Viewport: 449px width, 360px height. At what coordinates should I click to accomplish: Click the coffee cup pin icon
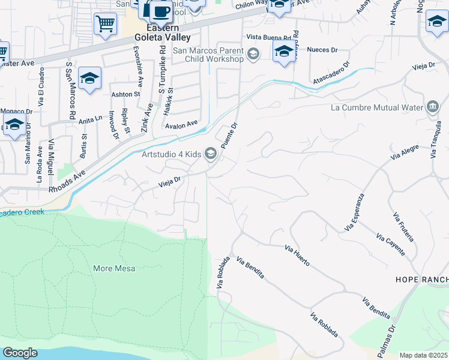[x=160, y=11]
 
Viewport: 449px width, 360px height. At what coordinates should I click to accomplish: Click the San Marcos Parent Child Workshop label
[x=208, y=55]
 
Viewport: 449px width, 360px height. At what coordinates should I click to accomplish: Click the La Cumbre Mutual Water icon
[x=432, y=108]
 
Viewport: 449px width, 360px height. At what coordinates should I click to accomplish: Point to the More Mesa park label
[x=114, y=268]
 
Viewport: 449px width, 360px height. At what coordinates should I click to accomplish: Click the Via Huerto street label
[x=297, y=256]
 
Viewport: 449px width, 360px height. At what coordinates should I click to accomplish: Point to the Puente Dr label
[x=229, y=136]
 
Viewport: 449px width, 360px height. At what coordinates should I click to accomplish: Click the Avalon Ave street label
[x=182, y=124]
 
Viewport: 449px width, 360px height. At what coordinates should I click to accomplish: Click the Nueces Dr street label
[x=318, y=50]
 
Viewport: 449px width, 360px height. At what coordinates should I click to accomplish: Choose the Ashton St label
[x=125, y=94]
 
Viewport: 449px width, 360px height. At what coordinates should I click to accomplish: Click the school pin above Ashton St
[x=89, y=78]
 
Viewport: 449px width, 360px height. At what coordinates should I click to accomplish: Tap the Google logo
[x=20, y=353]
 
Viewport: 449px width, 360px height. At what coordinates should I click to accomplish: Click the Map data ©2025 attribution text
[x=424, y=355]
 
